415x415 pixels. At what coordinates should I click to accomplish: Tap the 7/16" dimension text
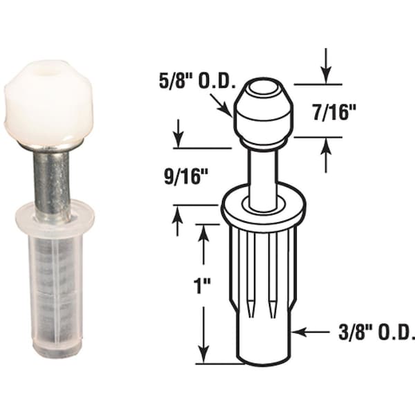coord(335,113)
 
